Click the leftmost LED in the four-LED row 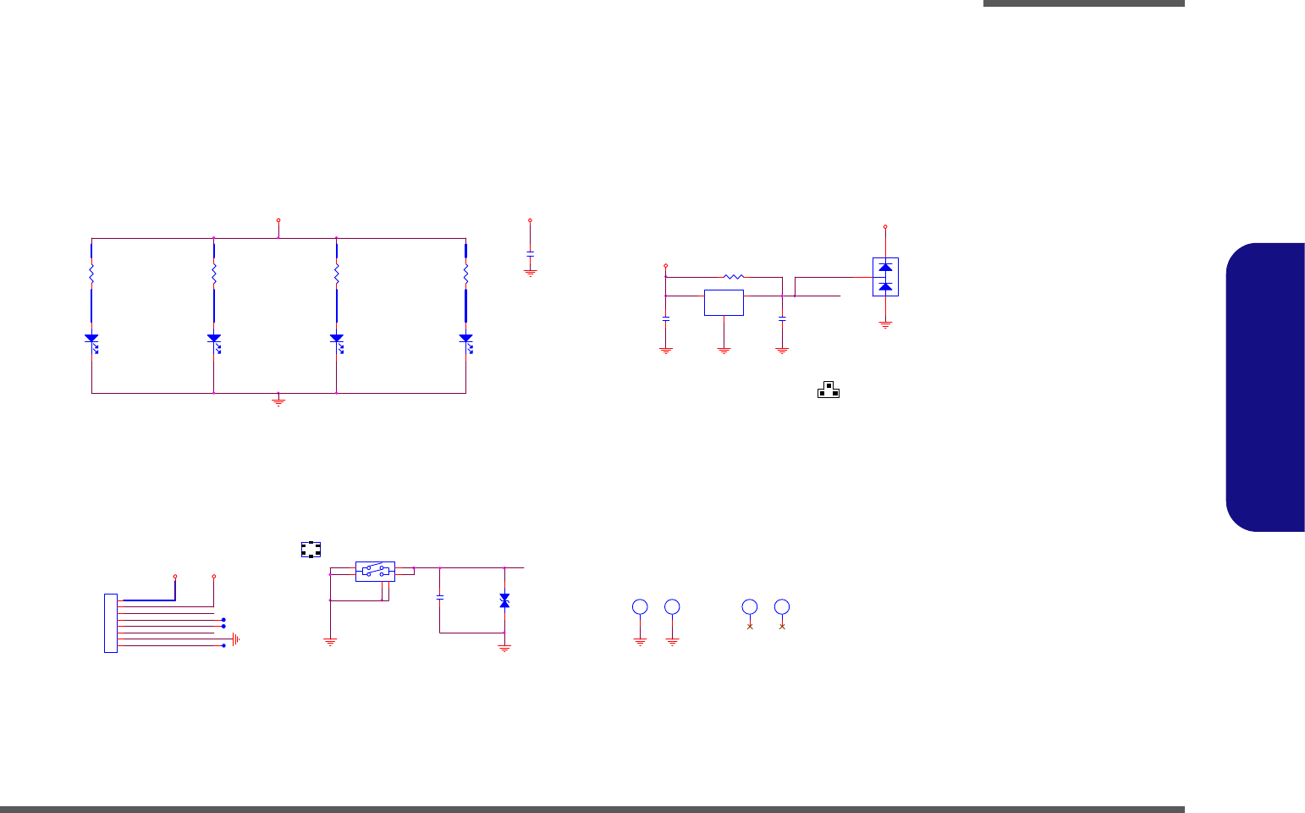pyautogui.click(x=91, y=339)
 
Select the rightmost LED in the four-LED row pyautogui.click(x=465, y=339)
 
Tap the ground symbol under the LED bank pyautogui.click(x=278, y=401)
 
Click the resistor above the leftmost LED pyautogui.click(x=91, y=274)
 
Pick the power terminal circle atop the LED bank pyautogui.click(x=278, y=220)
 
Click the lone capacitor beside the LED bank pyautogui.click(x=530, y=253)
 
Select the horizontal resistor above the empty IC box pyautogui.click(x=734, y=277)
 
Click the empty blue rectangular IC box pyautogui.click(x=724, y=302)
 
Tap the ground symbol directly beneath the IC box pyautogui.click(x=724, y=348)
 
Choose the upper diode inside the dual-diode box pyautogui.click(x=885, y=268)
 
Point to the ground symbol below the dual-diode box pyautogui.click(x=885, y=324)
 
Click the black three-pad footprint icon pyautogui.click(x=829, y=390)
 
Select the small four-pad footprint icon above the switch pyautogui.click(x=311, y=550)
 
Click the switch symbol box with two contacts pyautogui.click(x=375, y=571)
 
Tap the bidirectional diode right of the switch pyautogui.click(x=504, y=600)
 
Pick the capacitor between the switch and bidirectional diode pyautogui.click(x=439, y=597)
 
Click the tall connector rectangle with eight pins pyautogui.click(x=110, y=623)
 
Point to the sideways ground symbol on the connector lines pyautogui.click(x=237, y=639)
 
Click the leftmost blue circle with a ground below pyautogui.click(x=640, y=606)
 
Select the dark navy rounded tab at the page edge pyautogui.click(x=1265, y=387)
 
